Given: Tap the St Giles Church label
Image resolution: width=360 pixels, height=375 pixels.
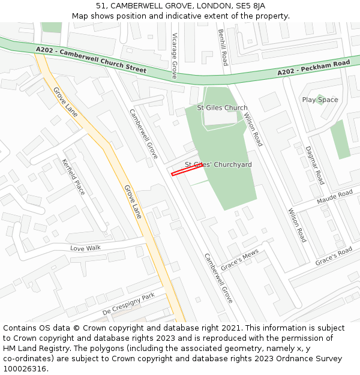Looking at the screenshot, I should click(x=222, y=108).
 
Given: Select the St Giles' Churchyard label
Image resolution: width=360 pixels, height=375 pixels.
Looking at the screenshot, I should click(x=218, y=164).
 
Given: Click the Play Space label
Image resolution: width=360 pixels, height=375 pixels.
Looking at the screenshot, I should click(x=320, y=100).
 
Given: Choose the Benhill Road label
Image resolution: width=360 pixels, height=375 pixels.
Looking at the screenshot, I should click(x=223, y=47).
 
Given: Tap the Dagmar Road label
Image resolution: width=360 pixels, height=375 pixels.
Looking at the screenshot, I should click(x=314, y=164).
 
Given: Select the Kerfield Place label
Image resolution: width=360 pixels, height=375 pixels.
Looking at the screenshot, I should click(x=74, y=176).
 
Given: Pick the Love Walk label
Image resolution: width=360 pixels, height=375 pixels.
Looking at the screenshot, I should click(x=85, y=248).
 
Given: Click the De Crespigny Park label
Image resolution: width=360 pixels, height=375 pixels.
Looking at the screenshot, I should click(x=128, y=304).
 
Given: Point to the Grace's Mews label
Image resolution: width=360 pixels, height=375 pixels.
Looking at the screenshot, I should click(x=239, y=259).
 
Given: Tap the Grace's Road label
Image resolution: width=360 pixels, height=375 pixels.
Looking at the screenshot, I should click(x=334, y=257).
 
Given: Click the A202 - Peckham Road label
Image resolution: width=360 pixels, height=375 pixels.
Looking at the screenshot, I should click(x=314, y=68).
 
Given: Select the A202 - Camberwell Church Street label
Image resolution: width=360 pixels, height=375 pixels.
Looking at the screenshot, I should click(x=91, y=60).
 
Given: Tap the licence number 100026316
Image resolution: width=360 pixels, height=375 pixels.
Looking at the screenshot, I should click(x=25, y=369).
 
